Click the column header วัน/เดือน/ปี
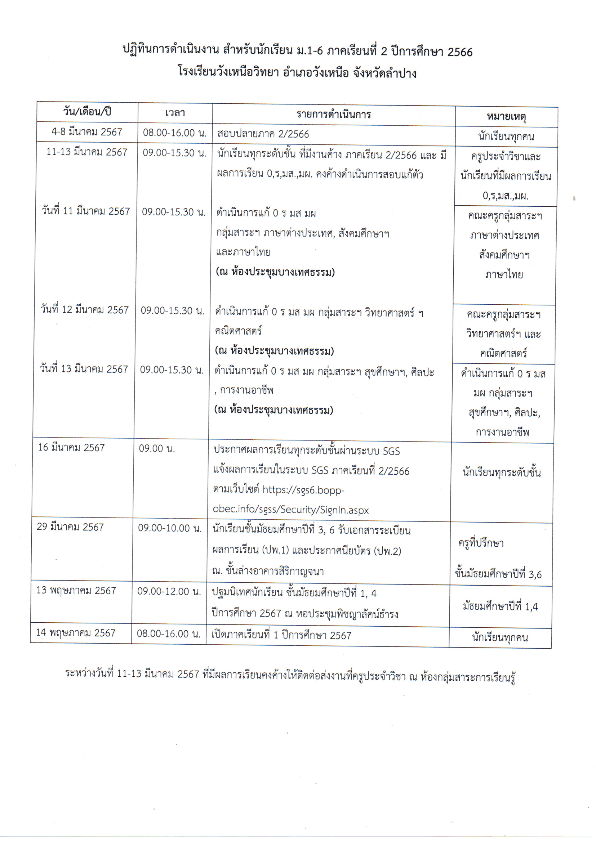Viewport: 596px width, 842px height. tap(87, 112)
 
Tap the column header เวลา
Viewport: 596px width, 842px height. tap(175, 113)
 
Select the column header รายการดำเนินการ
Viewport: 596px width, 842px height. tap(334, 115)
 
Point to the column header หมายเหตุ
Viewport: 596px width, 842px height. tap(506, 117)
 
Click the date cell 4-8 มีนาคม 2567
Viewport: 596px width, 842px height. tap(87, 132)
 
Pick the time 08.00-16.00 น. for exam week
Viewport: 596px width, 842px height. tap(175, 133)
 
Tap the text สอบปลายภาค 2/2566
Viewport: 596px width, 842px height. tap(263, 134)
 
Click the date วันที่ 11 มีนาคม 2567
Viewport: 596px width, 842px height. tap(86, 212)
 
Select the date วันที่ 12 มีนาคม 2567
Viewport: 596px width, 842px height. tap(85, 310)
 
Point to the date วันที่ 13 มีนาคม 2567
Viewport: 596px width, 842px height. tap(84, 369)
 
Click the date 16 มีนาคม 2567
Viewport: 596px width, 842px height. tap(72, 448)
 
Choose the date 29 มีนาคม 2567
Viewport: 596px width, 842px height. tap(71, 527)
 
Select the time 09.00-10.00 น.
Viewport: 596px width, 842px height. tap(170, 528)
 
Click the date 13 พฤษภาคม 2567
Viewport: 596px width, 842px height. tap(76, 590)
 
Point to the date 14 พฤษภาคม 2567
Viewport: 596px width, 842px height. tap(76, 633)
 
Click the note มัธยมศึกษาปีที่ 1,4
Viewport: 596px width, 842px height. tap(500, 606)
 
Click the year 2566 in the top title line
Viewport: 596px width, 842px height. tap(460, 52)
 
